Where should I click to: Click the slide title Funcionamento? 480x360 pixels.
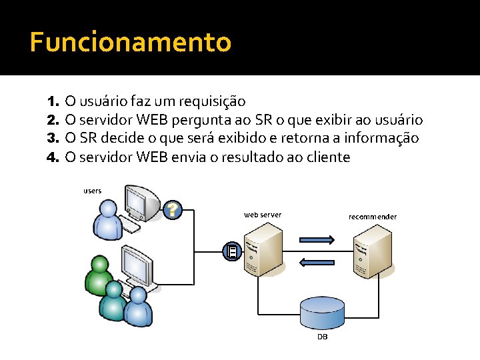(x=131, y=43)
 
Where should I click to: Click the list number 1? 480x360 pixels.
(x=53, y=102)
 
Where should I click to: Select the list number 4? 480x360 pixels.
(x=53, y=158)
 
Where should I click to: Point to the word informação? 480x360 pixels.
(x=379, y=139)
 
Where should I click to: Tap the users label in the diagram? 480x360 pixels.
(x=93, y=191)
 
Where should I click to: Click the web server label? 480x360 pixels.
(x=263, y=215)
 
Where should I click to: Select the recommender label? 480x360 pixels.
(x=373, y=217)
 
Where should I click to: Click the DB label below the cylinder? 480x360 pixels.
(x=322, y=337)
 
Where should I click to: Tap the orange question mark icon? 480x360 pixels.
(x=173, y=210)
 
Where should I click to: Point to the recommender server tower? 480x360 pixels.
(x=373, y=251)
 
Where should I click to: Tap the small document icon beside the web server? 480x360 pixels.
(x=231, y=251)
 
